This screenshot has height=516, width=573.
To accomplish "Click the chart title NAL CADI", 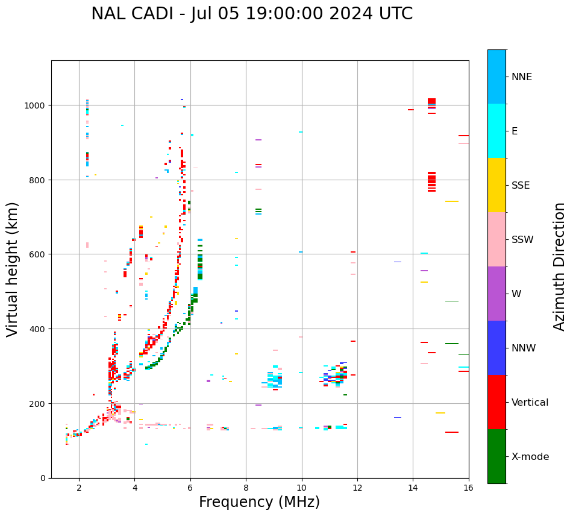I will [x=252, y=14].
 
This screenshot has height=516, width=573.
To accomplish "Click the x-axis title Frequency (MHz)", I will [x=259, y=502].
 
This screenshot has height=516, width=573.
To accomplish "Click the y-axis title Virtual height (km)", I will [x=13, y=269].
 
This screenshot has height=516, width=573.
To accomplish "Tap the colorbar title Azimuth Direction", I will [x=560, y=266].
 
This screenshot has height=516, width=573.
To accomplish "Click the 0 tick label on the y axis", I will [x=43, y=478].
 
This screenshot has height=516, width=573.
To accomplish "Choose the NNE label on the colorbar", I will [x=522, y=77].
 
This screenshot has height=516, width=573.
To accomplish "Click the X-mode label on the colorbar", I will [x=530, y=457].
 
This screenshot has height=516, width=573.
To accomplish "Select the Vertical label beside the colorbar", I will [x=530, y=403].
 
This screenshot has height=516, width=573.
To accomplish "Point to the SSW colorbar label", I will [x=522, y=240].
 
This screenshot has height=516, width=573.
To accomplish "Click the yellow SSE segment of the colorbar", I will [x=496, y=185].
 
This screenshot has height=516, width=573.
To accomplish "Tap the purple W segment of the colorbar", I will [x=496, y=294].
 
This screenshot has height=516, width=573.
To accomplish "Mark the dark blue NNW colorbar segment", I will [x=496, y=348].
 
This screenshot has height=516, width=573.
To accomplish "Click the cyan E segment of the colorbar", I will [x=496, y=131].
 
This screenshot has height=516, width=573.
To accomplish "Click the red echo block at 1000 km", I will [x=431, y=101].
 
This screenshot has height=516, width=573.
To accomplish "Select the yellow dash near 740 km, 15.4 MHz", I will [x=452, y=201].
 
